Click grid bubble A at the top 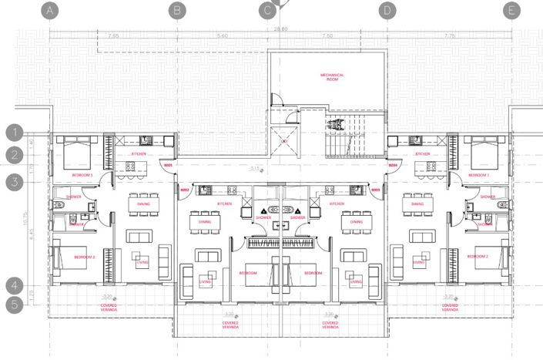(50, 10)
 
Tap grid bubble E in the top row (511, 10)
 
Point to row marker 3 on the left (12, 183)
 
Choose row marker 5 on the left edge (12, 304)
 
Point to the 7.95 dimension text (113, 36)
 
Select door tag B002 (184, 189)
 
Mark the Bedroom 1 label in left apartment (82, 176)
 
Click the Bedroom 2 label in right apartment (478, 256)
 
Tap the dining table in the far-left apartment (143, 205)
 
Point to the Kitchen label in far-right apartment (422, 154)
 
